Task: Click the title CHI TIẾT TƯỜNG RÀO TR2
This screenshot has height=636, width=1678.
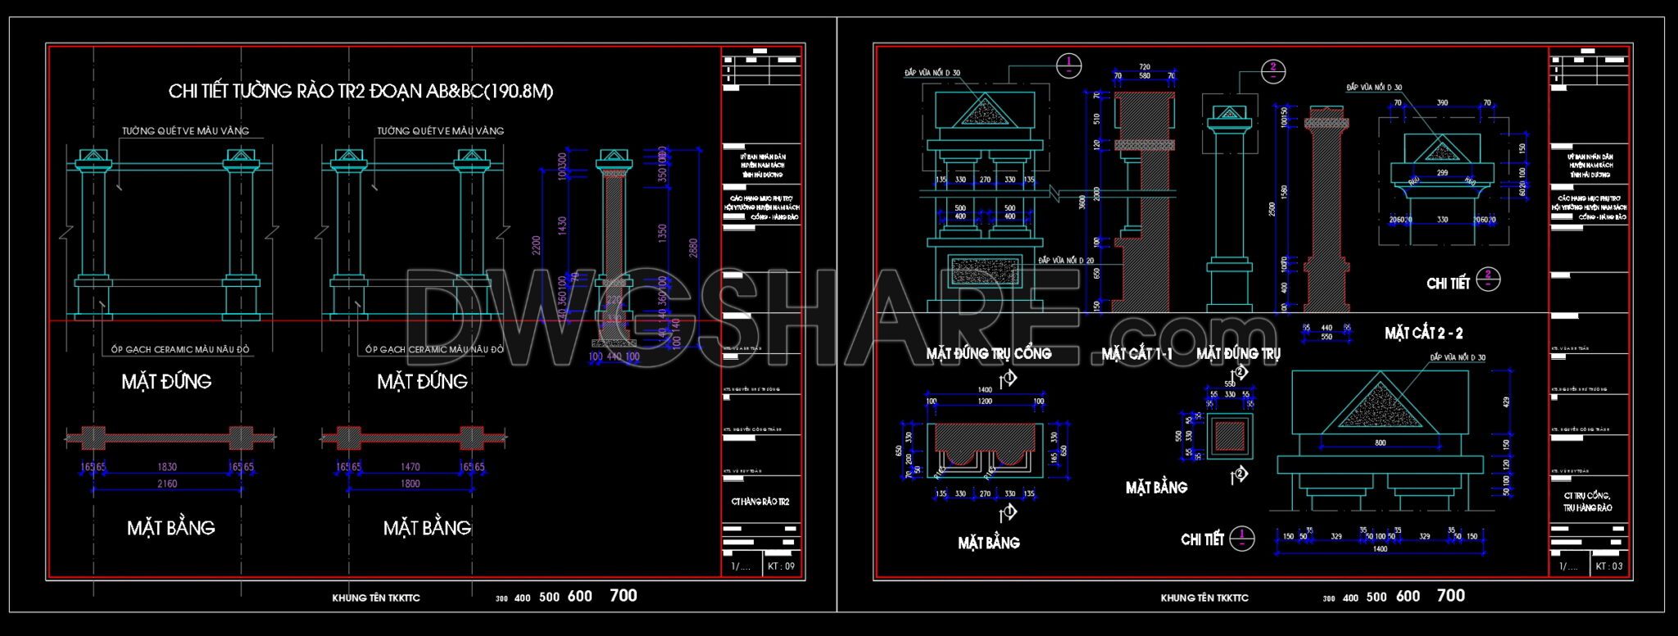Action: click(361, 91)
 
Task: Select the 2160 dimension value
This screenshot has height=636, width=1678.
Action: click(167, 484)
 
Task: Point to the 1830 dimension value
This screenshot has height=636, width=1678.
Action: click(166, 467)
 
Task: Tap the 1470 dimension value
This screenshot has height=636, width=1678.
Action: click(410, 467)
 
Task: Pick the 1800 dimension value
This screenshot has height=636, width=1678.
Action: click(410, 484)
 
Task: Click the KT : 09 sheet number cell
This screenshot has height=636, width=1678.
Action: click(781, 566)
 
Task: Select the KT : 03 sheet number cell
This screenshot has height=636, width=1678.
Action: click(1609, 566)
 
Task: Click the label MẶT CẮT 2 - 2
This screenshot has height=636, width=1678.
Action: click(1423, 334)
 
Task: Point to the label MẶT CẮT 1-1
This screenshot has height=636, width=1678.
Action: click(1136, 354)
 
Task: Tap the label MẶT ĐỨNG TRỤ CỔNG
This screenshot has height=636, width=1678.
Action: click(989, 354)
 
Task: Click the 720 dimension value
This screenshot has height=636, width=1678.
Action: click(1145, 67)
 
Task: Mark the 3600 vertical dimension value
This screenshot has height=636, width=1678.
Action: click(1083, 202)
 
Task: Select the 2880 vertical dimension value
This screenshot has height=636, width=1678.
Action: click(694, 248)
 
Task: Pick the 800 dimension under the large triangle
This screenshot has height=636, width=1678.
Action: click(1381, 443)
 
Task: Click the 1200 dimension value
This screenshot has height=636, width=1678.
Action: click(985, 402)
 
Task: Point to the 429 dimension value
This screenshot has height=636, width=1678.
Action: click(1507, 402)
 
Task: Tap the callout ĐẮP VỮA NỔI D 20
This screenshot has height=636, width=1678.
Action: click(1066, 260)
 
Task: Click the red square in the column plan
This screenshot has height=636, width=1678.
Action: click(1229, 437)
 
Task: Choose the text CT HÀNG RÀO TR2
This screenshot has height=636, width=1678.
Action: click(760, 502)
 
